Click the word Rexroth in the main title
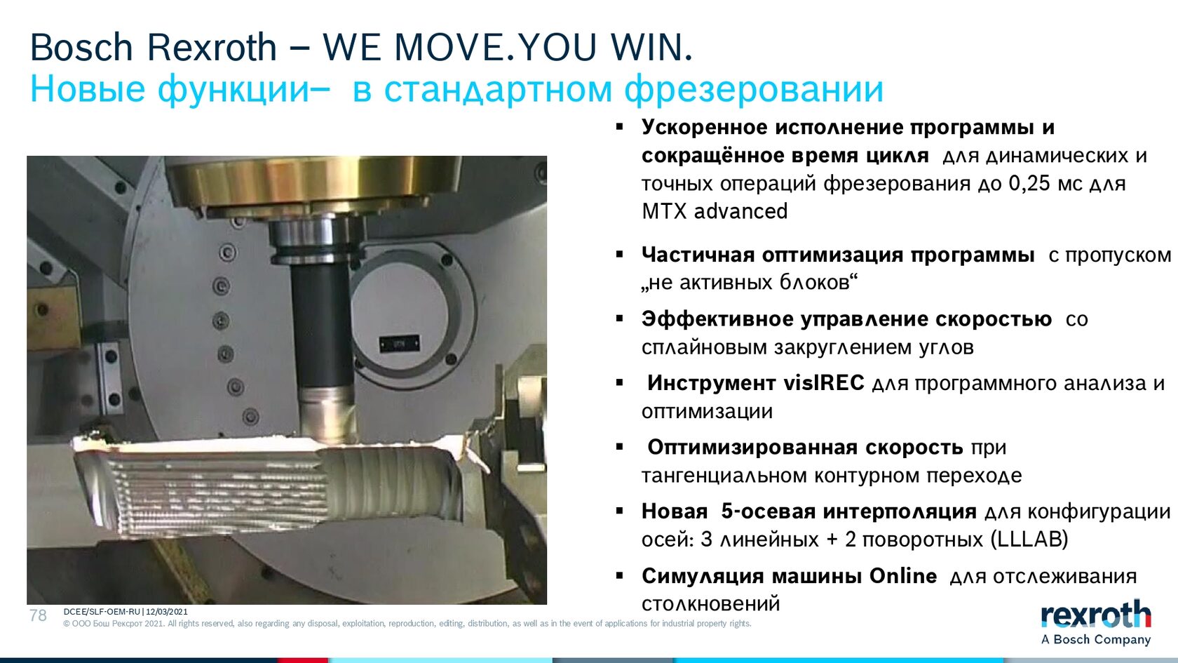point(212,48)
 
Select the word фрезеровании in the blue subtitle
point(754,91)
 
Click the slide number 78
point(38,615)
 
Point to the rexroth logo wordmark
point(1095,615)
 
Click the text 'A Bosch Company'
point(1096,640)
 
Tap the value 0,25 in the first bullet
point(1036,183)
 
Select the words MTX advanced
point(715,211)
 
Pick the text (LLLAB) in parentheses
point(1029,540)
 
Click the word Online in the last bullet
point(903,575)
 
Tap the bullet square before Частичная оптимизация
point(620,255)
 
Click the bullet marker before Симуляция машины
point(620,576)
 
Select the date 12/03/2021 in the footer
point(166,612)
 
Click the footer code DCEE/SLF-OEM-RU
point(102,612)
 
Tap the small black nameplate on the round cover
point(399,344)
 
